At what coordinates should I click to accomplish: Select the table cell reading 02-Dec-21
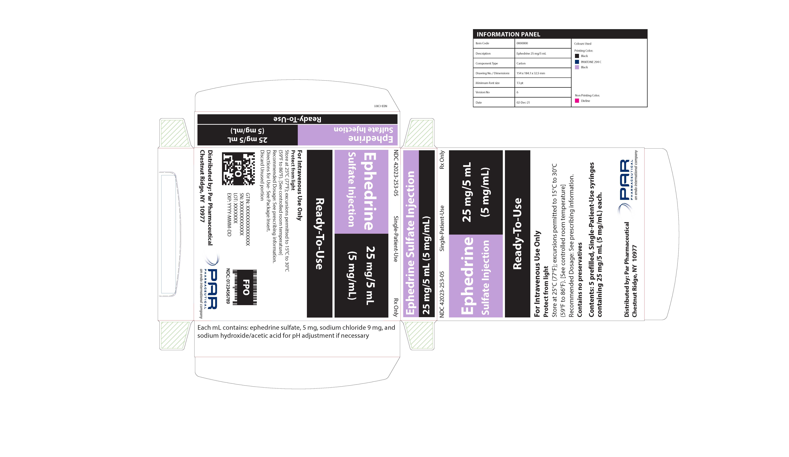click(523, 102)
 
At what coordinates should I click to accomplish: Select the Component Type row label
click(487, 63)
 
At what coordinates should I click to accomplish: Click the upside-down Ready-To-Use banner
click(297, 119)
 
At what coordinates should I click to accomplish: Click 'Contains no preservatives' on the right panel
click(580, 280)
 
